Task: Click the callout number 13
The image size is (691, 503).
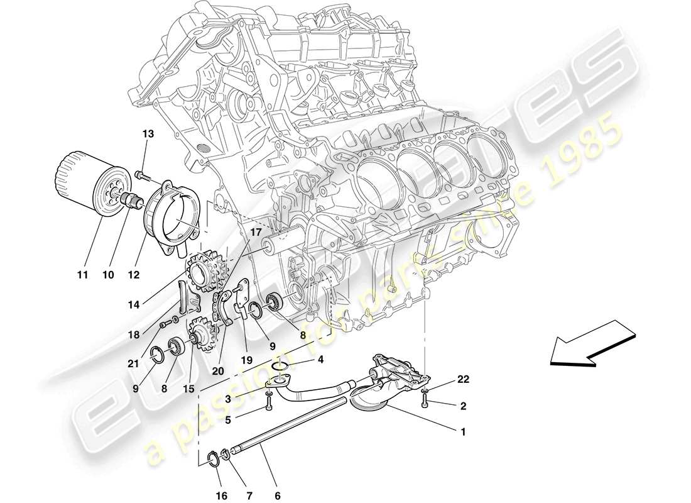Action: [x=148, y=134]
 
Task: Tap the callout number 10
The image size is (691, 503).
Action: [x=109, y=275]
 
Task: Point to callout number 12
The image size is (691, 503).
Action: [x=133, y=275]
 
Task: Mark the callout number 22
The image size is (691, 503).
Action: [x=463, y=379]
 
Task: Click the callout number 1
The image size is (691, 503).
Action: [x=464, y=432]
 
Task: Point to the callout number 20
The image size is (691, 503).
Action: [x=218, y=370]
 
